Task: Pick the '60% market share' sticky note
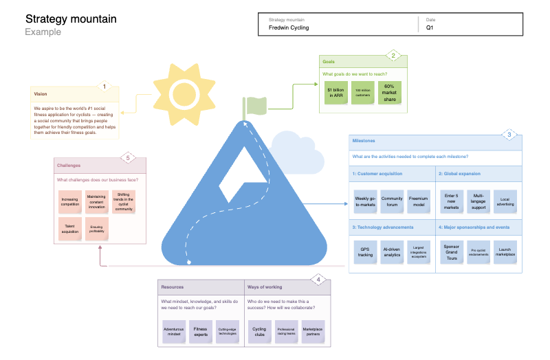click(x=389, y=92)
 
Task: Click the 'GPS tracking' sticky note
click(x=365, y=251)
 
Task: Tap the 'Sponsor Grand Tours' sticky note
click(x=451, y=251)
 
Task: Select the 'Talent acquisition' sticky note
click(x=69, y=229)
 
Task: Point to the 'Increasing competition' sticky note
click(x=69, y=201)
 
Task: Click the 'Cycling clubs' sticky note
click(x=259, y=332)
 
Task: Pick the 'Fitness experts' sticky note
click(x=200, y=332)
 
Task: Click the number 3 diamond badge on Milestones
click(x=509, y=135)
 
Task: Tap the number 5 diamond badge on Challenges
click(x=128, y=157)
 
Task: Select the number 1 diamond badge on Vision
click(x=104, y=87)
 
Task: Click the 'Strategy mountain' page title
click(x=71, y=19)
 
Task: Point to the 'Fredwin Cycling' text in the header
click(x=289, y=28)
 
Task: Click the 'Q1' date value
click(x=430, y=28)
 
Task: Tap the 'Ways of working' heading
click(x=265, y=286)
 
